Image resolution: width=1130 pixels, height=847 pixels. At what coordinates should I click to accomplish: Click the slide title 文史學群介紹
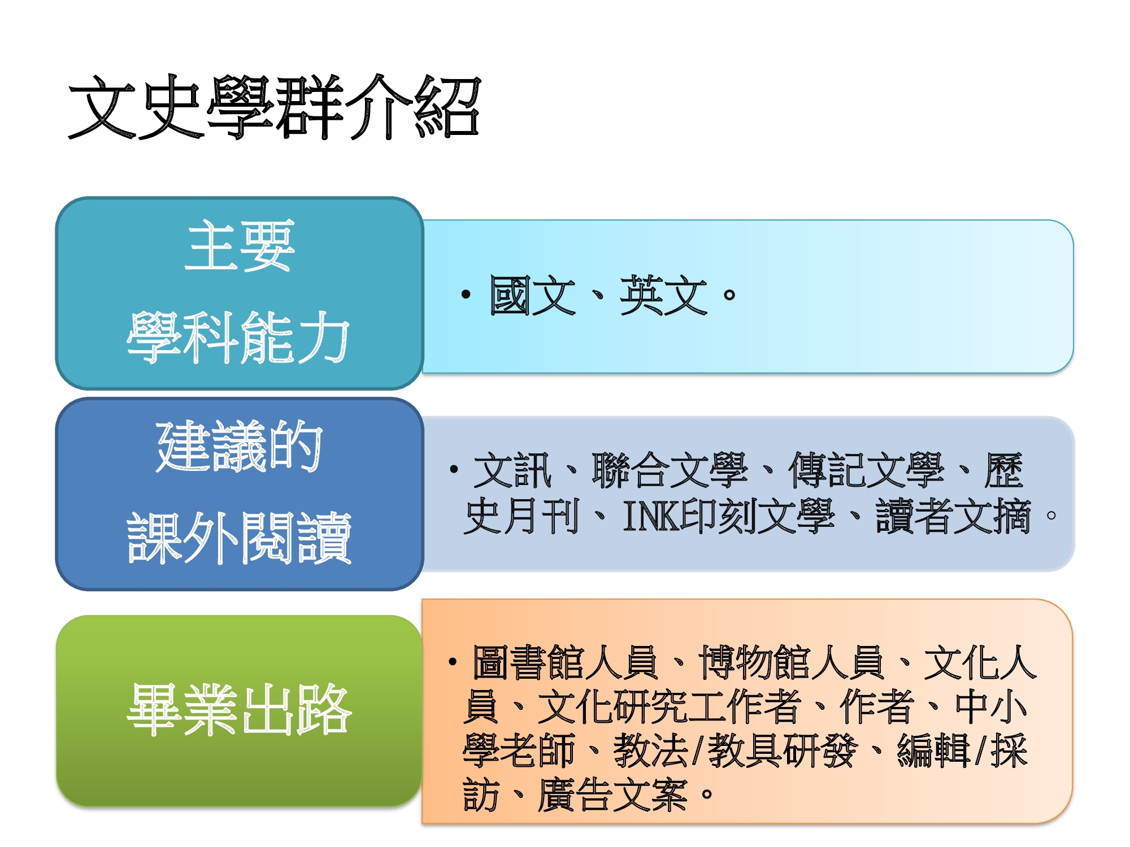[275, 107]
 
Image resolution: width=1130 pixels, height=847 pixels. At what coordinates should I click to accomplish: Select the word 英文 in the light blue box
[663, 295]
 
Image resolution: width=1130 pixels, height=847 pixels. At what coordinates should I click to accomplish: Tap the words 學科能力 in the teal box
[238, 337]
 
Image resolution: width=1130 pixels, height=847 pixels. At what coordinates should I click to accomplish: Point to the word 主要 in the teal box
[240, 246]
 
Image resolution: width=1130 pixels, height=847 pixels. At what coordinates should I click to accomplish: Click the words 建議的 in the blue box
[240, 446]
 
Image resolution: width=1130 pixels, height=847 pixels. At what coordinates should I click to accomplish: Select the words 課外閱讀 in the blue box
[239, 538]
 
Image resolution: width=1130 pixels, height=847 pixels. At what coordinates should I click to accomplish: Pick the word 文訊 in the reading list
[512, 470]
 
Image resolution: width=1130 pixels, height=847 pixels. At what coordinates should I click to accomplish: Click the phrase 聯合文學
[670, 470]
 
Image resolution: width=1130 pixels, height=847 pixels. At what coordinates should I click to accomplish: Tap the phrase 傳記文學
[866, 470]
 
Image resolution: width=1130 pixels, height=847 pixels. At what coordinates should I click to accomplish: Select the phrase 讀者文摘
[954, 516]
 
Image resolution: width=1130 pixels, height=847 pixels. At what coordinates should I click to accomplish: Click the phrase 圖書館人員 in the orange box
[565, 662]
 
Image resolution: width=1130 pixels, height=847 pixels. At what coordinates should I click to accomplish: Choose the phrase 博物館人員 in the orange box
[791, 662]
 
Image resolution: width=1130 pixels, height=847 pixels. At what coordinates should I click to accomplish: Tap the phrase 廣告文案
[612, 795]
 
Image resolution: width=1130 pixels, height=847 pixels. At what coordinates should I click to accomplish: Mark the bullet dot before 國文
[466, 294]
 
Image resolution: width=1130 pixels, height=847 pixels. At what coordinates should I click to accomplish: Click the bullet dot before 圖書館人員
[453, 661]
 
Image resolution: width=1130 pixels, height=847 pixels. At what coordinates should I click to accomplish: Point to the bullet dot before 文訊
[454, 469]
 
